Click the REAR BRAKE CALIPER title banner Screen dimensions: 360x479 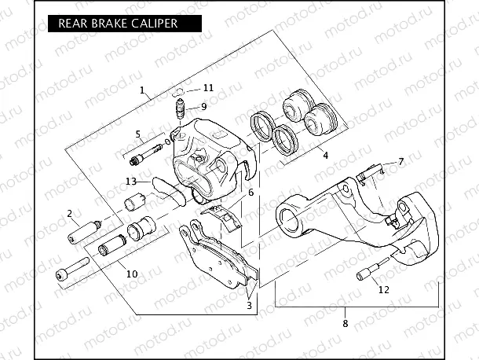point(118,23)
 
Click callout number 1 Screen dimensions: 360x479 point(142,90)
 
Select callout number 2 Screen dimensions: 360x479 point(69,213)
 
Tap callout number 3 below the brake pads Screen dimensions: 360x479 point(249,305)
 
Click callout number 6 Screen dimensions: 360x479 point(250,192)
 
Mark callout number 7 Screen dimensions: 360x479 point(400,161)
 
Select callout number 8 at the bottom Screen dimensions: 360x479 point(345,322)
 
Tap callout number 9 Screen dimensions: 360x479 point(203,106)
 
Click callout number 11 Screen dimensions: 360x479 point(207,87)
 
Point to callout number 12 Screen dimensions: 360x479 point(383,289)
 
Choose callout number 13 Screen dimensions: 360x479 point(131,182)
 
